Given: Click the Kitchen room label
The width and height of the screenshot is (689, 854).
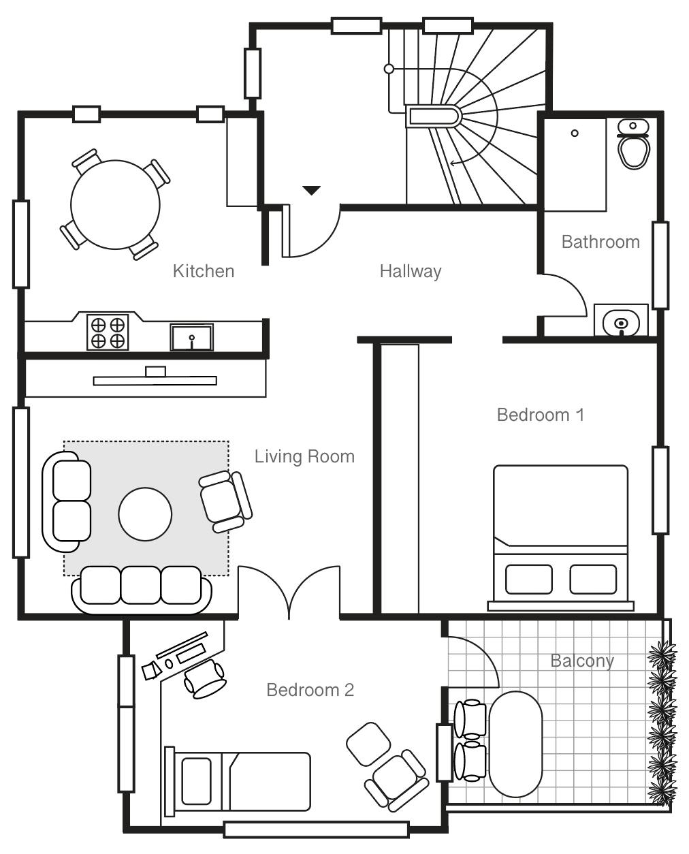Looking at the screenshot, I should click(204, 271).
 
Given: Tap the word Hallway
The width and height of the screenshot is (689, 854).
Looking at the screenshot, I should click(411, 271).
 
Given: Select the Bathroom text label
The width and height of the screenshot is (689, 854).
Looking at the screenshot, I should click(600, 242).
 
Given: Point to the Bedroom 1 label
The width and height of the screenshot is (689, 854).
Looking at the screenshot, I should click(541, 415).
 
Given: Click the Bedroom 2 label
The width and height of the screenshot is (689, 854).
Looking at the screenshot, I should click(310, 690).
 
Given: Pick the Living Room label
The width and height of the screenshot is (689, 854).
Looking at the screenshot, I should click(304, 456).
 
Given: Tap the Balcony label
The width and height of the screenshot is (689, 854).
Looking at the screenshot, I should click(582, 661).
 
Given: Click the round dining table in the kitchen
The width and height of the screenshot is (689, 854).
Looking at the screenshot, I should click(115, 205).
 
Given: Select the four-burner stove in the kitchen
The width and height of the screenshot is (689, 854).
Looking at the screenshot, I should click(108, 332).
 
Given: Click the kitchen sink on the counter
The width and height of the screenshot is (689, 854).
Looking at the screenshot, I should click(191, 336).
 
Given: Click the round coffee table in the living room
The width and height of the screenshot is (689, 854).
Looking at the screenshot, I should click(145, 514).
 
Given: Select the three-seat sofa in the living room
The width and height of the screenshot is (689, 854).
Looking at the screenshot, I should click(142, 586).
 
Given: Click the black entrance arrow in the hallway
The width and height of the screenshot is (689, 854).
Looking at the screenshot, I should click(311, 190).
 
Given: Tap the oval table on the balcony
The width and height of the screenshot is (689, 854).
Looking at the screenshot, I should click(516, 744).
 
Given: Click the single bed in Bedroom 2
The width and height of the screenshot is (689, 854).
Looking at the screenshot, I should click(238, 781).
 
